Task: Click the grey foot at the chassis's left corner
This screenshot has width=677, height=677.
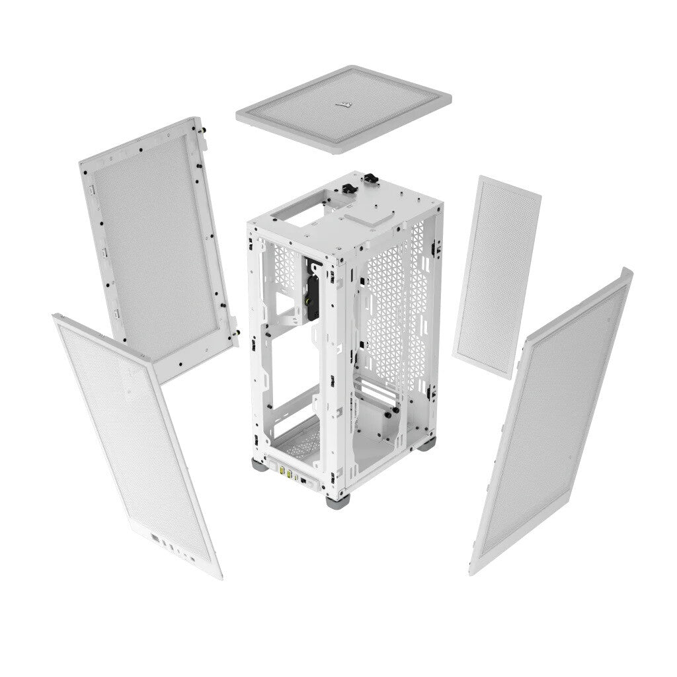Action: tap(257, 462)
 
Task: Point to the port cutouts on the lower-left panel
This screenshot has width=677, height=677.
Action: tap(173, 545)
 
